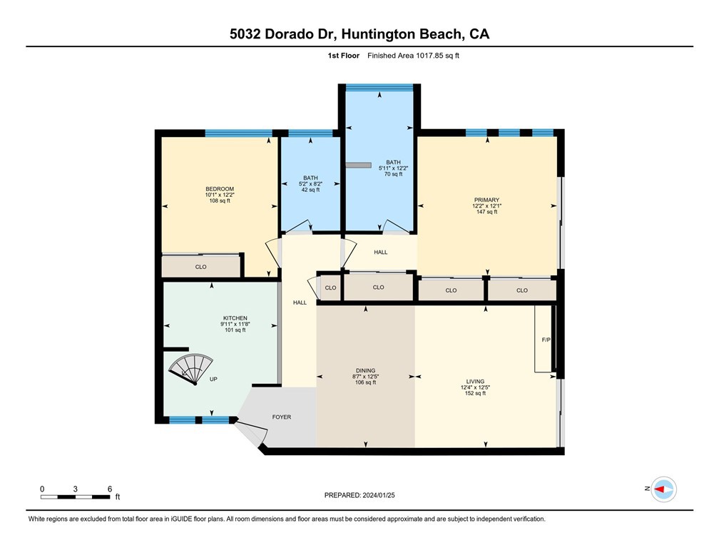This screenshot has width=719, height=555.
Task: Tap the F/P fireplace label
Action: tap(546, 340)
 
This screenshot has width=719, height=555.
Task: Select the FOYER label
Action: tap(282, 417)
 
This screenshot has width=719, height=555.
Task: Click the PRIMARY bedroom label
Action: tap(486, 200)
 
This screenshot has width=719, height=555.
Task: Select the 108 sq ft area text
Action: tap(220, 200)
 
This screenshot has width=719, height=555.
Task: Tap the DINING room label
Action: tap(365, 370)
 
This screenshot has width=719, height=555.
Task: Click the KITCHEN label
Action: tap(235, 317)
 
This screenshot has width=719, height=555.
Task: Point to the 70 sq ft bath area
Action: tap(393, 174)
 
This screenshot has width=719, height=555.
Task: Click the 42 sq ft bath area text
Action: tap(310, 190)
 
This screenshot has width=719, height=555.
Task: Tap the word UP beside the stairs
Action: tap(213, 380)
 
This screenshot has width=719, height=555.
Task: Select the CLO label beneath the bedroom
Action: tap(200, 267)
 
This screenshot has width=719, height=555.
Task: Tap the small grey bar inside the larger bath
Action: tap(359, 165)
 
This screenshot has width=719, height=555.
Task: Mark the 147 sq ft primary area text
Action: tap(486, 212)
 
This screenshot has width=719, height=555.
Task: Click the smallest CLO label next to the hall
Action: tap(330, 287)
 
